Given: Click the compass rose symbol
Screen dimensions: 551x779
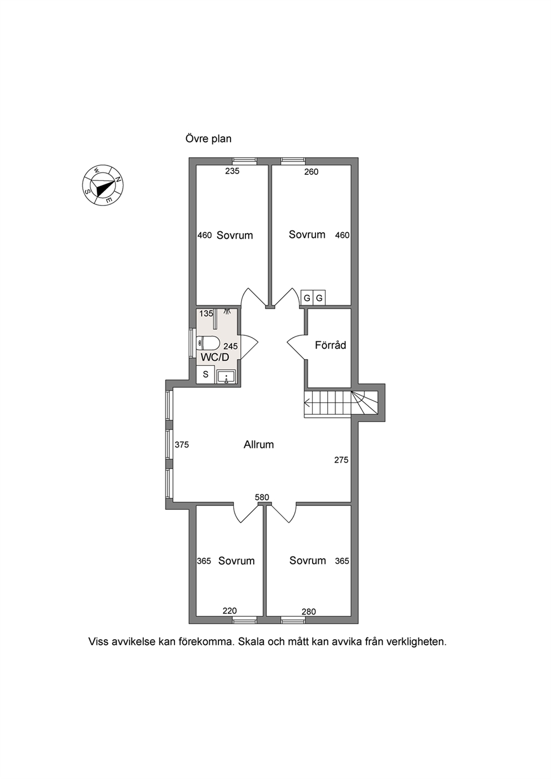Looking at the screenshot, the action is pos(103,185).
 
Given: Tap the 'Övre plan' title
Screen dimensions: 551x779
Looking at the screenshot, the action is pos(208,139).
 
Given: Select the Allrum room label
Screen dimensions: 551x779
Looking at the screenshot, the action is pos(258,444).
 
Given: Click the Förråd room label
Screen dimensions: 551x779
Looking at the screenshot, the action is pos(330,345).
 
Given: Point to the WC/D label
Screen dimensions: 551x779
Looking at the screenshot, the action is pos(215,357).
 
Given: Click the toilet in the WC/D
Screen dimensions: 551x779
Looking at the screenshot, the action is pos(208,344).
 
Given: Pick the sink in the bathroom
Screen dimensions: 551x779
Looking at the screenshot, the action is pos(227,376).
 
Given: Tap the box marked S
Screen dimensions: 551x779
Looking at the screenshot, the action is pos(206,375).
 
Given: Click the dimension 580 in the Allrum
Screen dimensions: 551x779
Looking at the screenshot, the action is pos(262,497).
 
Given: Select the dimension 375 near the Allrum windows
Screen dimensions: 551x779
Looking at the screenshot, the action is pos(182,444).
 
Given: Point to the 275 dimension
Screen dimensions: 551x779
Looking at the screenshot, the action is pos(341,460).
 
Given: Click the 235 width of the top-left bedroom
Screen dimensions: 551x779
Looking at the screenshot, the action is pos(232,171).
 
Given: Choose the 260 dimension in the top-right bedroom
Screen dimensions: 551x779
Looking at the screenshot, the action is pos(312,172).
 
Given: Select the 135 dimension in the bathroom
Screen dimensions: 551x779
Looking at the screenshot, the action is pos(206,313).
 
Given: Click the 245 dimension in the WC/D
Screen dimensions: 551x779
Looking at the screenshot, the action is pos(231,346).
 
